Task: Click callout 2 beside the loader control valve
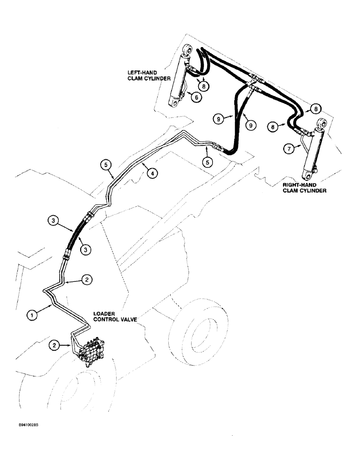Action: (x=55, y=345)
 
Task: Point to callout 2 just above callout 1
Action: (x=86, y=280)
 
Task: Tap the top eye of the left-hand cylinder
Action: (x=188, y=49)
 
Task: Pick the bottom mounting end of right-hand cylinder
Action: (x=307, y=175)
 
